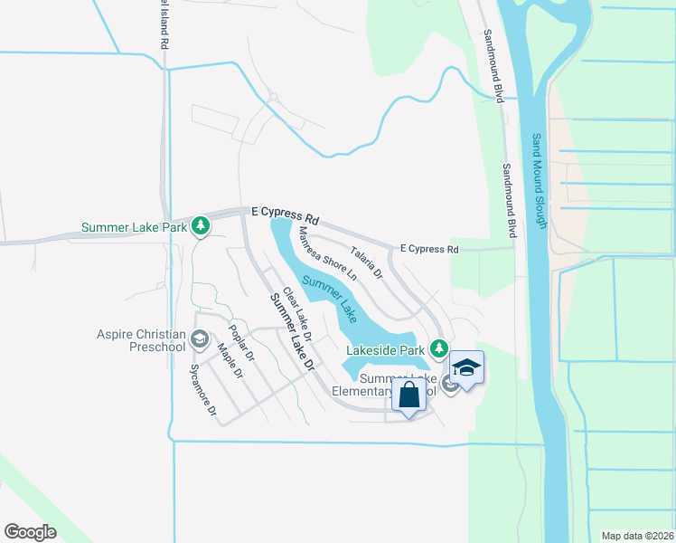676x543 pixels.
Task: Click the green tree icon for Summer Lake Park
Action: [x=201, y=226]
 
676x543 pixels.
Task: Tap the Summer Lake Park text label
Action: [x=135, y=227]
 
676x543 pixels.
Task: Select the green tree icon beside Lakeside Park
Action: [x=439, y=348]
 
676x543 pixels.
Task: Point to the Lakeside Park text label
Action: [x=386, y=348]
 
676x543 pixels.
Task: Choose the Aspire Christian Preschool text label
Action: [x=141, y=340]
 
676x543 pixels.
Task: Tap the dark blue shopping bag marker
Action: [x=409, y=395]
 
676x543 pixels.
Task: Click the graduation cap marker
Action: [x=466, y=368]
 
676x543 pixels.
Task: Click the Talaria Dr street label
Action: [x=367, y=262]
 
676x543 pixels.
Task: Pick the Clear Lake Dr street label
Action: [x=297, y=315]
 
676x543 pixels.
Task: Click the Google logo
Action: [x=30, y=532]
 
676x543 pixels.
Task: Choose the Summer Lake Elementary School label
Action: [x=398, y=385]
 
